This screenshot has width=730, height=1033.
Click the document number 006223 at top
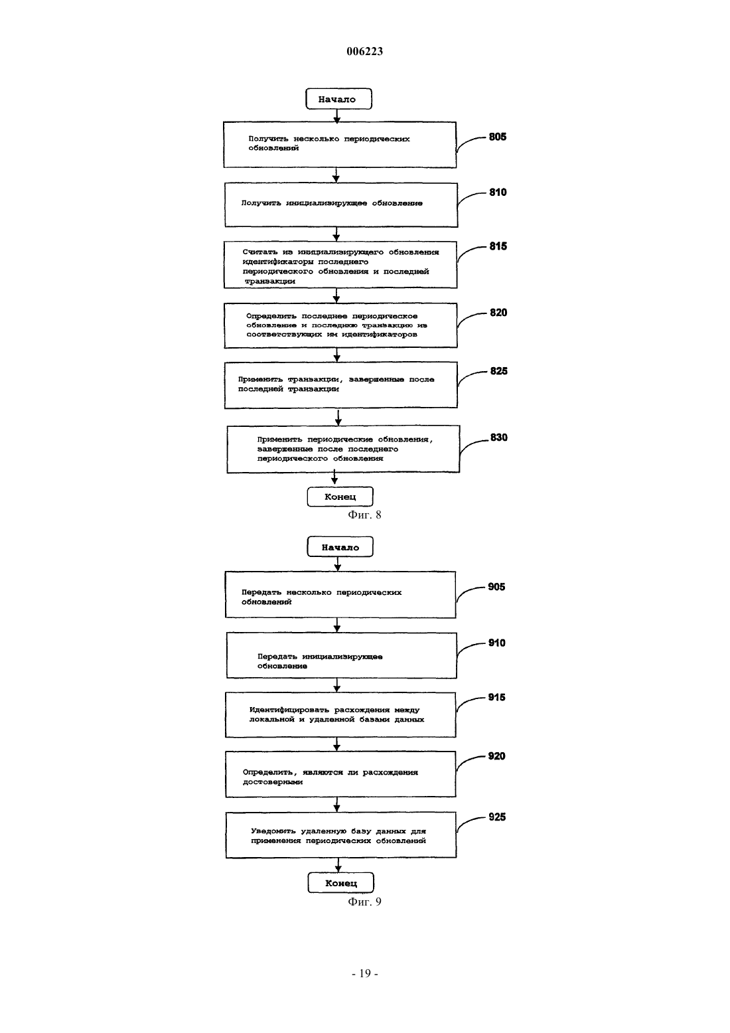click(x=364, y=51)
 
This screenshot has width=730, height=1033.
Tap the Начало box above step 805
click(x=338, y=99)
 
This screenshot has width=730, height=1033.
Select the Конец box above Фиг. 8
click(x=340, y=497)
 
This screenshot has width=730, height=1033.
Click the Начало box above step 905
click(x=340, y=548)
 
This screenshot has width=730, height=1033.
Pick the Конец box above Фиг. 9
click(x=341, y=883)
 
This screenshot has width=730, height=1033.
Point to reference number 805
click(x=498, y=137)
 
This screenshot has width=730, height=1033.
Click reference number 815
click(x=498, y=246)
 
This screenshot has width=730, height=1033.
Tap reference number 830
click(x=498, y=437)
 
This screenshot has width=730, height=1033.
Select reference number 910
click(x=497, y=643)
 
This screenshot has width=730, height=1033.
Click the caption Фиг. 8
click(x=364, y=515)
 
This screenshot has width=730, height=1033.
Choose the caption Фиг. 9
click(x=364, y=902)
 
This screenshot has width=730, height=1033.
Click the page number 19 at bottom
click(x=365, y=973)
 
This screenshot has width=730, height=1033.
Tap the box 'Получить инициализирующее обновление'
click(x=341, y=205)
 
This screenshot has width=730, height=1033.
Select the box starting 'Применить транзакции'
click(x=341, y=385)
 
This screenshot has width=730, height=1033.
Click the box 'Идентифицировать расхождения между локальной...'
click(x=340, y=715)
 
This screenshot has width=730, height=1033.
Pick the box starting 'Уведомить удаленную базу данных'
click(x=341, y=835)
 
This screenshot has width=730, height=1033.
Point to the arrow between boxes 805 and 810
click(x=336, y=175)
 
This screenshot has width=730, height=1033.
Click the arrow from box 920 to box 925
click(x=337, y=805)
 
